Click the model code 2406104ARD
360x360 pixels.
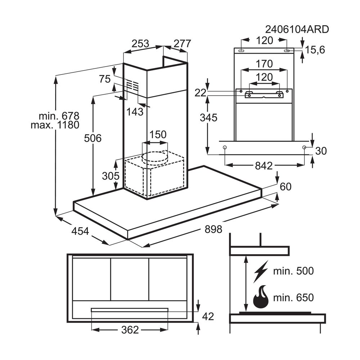297,30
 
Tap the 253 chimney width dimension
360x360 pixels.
140,44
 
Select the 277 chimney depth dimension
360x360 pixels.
182,44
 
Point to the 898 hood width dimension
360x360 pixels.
213,229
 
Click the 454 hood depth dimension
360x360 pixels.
80,231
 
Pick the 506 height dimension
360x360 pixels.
93,138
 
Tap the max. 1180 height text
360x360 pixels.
55,125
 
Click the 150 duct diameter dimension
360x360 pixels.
158,134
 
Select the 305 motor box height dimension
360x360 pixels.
111,176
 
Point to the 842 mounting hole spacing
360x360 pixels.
264,166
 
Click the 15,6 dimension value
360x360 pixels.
315,50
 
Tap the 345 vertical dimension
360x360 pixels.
208,118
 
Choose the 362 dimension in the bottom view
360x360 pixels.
130,330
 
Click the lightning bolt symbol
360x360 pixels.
261,271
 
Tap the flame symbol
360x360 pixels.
261,297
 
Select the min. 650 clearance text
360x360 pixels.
293,298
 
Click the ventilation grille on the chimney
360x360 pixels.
133,85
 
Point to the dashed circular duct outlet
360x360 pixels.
155,158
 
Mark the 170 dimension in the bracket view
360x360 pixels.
264,64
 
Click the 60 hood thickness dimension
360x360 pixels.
285,186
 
